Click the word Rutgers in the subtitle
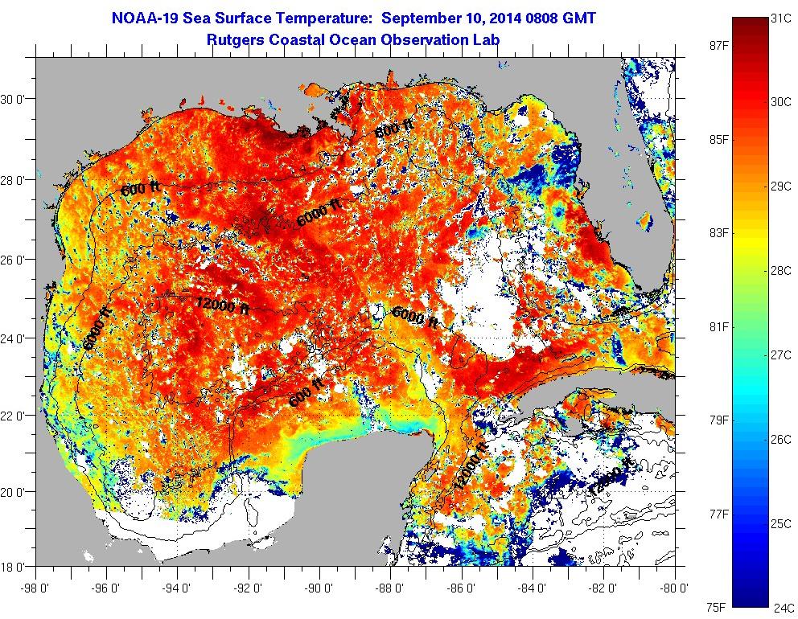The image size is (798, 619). pyautogui.click(x=237, y=39)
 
